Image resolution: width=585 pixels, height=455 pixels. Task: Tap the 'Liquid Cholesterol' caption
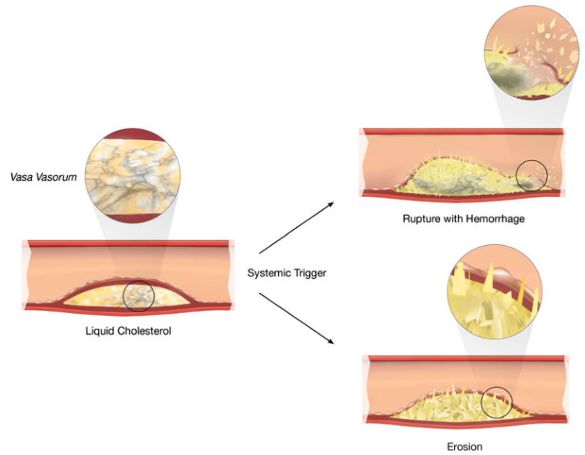click(128, 329)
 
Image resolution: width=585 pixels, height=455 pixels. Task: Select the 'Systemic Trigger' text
click(287, 273)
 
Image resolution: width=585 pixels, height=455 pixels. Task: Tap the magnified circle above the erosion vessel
click(490, 288)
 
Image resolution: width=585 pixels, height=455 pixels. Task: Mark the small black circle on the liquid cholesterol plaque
click(138, 296)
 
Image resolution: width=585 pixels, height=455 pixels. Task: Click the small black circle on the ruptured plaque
click(532, 176)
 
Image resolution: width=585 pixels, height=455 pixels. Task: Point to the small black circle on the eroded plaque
click(496, 403)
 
